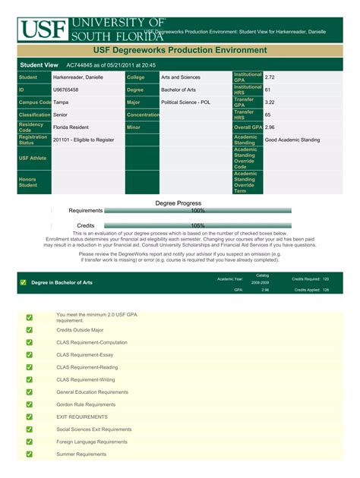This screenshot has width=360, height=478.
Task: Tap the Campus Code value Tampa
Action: click(62, 102)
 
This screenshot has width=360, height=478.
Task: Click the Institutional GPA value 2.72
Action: click(270, 77)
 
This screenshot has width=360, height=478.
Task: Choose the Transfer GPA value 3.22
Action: click(270, 102)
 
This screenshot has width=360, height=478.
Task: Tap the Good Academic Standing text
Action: click(292, 140)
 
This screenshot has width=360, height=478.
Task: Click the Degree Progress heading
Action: click(178, 203)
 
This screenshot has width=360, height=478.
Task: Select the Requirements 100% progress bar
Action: click(197, 211)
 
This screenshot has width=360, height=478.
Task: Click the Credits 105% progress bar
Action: click(197, 225)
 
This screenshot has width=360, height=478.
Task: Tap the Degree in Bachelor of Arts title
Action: click(62, 282)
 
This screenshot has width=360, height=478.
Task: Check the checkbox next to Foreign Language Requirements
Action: click(30, 442)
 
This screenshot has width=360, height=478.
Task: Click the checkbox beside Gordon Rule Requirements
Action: click(30, 404)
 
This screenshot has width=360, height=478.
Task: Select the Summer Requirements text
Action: click(81, 454)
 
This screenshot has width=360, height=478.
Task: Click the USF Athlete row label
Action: click(33, 158)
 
